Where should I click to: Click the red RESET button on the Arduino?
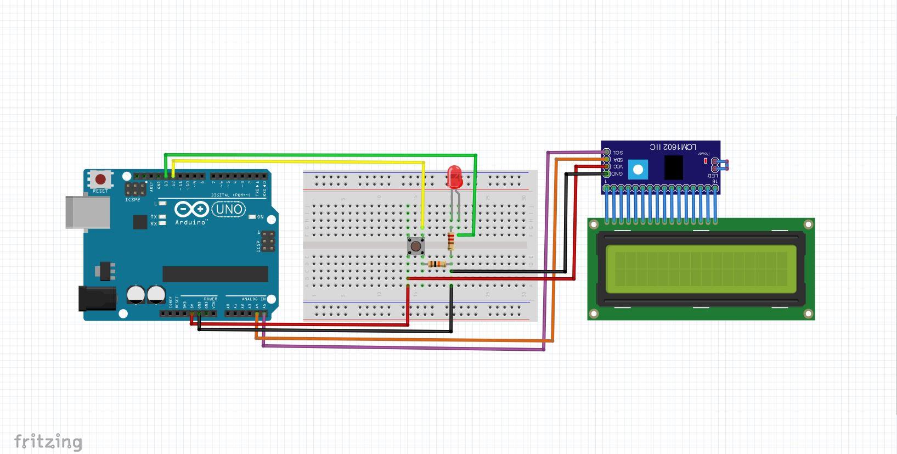click(100, 180)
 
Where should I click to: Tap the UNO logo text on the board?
click(228, 209)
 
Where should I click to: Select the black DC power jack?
click(98, 299)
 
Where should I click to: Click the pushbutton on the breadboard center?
click(416, 245)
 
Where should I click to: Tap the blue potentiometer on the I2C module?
click(637, 169)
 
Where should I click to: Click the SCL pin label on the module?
click(618, 153)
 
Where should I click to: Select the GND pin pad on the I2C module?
click(606, 174)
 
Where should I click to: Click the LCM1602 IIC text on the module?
click(673, 147)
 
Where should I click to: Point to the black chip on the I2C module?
click(673, 167)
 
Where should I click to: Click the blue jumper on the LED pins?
click(722, 164)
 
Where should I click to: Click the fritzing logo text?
click(48, 441)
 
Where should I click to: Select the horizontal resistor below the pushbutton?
click(437, 265)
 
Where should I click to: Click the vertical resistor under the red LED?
click(451, 241)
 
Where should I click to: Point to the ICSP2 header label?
click(132, 200)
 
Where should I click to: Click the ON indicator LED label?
click(261, 217)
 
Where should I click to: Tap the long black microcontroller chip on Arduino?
click(215, 274)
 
